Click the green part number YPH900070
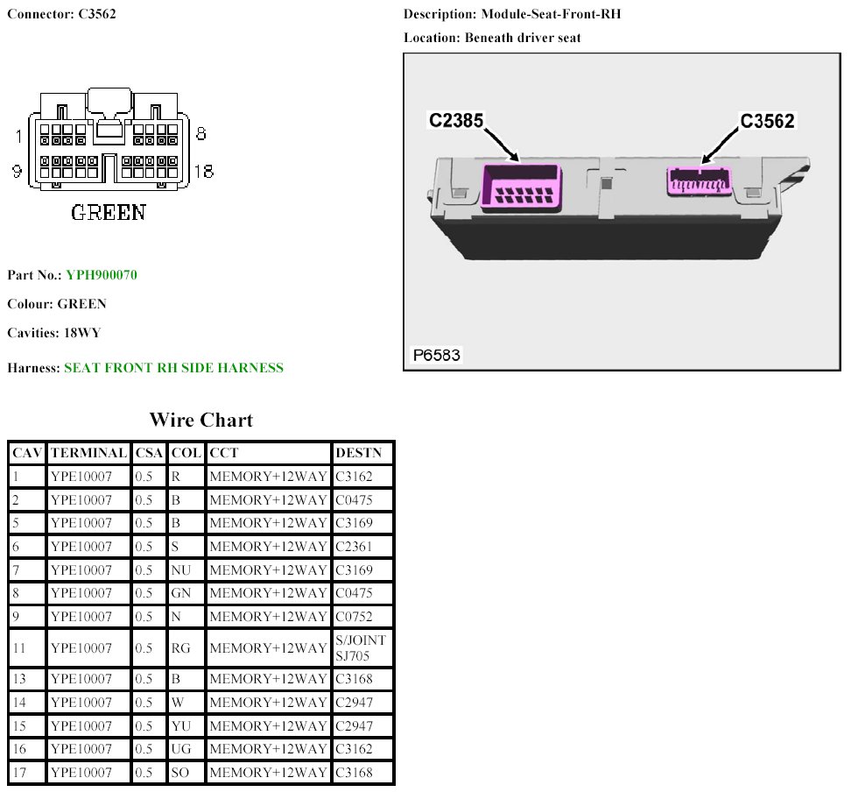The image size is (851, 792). click(x=102, y=275)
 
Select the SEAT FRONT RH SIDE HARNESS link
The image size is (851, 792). click(x=173, y=368)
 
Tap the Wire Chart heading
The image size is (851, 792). click(x=201, y=420)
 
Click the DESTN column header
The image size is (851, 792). click(x=358, y=452)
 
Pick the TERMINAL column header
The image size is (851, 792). click(x=89, y=452)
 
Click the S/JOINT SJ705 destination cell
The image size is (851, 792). click(x=361, y=647)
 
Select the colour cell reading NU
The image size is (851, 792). click(x=180, y=569)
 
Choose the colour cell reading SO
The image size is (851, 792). click(x=179, y=772)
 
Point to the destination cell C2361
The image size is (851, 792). click(x=354, y=546)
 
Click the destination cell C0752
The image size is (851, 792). click(x=354, y=617)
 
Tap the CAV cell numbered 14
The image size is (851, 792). click(x=19, y=702)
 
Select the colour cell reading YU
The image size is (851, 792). click(x=180, y=725)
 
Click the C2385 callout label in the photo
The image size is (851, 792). click(x=456, y=120)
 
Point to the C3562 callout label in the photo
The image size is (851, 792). click(x=768, y=121)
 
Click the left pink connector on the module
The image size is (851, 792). click(x=521, y=187)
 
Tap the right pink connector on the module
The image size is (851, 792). click(x=699, y=181)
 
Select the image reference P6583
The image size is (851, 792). click(x=436, y=355)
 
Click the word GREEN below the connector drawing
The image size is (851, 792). click(x=109, y=212)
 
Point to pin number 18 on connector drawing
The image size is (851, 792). click(x=204, y=172)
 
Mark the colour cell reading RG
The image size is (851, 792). click(x=180, y=647)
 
